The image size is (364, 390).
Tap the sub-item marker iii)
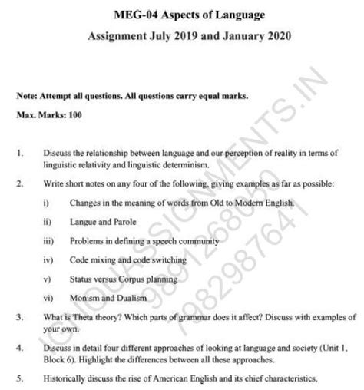click(x=48, y=240)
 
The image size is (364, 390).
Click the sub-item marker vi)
click(x=48, y=296)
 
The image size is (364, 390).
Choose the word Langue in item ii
click(x=82, y=222)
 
